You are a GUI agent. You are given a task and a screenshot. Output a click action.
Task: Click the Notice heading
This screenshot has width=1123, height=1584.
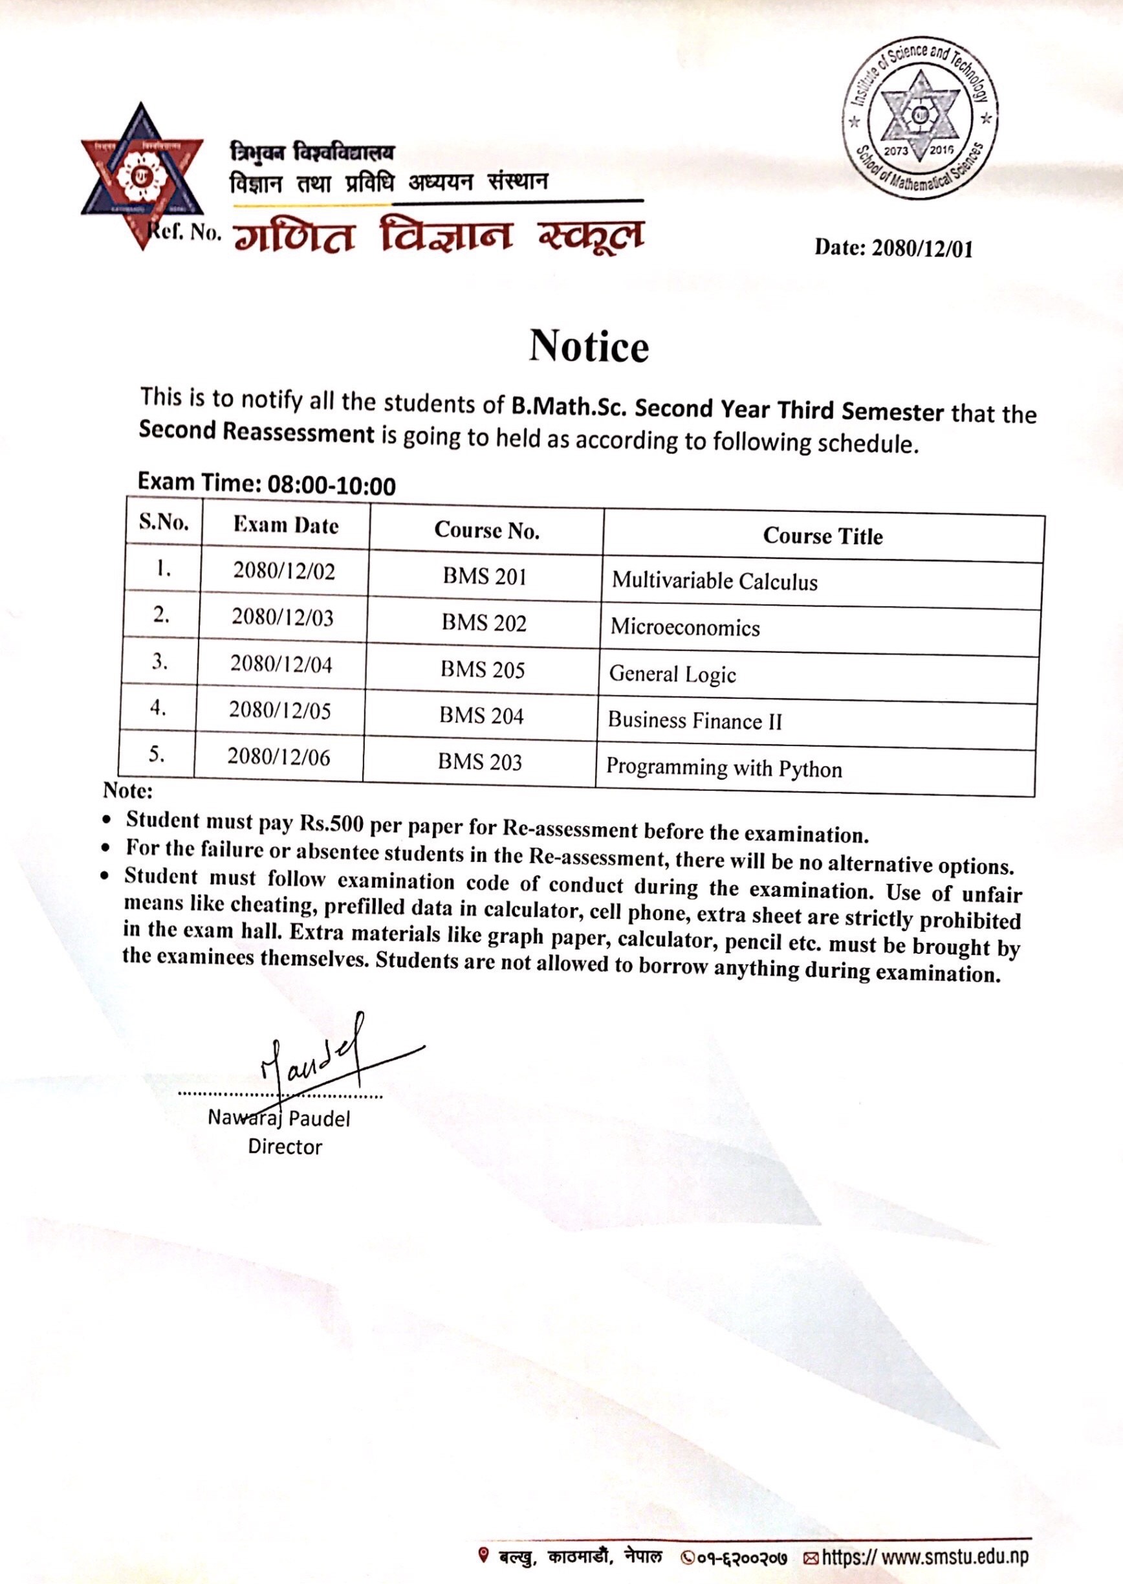[x=589, y=346]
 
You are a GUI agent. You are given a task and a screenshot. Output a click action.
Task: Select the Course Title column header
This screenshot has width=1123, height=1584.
[x=822, y=536]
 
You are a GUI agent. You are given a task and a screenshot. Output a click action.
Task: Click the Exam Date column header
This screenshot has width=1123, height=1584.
[x=285, y=525]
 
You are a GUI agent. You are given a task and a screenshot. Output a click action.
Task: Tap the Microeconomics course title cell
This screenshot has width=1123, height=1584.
[x=684, y=628]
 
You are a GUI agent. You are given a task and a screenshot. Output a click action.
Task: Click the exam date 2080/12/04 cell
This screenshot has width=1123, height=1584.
[x=281, y=664]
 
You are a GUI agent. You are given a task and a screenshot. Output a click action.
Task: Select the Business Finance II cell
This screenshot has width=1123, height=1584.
[x=694, y=721]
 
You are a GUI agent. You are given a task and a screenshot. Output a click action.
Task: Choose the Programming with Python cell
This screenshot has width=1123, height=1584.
[x=723, y=769]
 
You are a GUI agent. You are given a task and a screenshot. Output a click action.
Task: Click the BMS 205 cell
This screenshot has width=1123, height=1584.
[x=483, y=670]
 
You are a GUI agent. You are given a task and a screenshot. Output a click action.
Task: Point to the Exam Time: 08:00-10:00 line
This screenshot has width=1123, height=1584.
[x=267, y=483]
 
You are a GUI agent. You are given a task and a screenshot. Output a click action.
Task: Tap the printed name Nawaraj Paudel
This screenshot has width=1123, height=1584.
[x=279, y=1119]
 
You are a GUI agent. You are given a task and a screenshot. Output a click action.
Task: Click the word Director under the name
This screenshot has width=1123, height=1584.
[x=285, y=1147]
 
